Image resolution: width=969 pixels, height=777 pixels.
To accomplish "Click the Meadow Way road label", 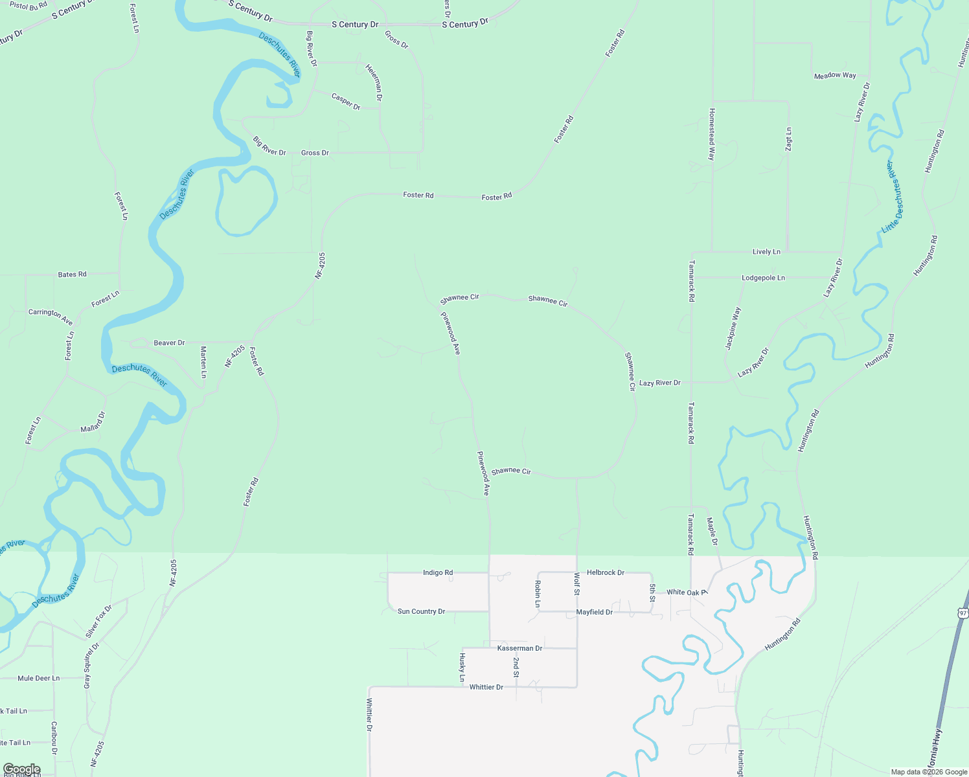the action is [x=835, y=76].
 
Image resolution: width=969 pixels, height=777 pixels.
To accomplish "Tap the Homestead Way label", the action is [x=712, y=134].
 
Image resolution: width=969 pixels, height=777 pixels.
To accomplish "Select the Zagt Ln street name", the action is [x=788, y=140].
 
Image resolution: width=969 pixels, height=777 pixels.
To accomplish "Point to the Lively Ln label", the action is [x=766, y=252].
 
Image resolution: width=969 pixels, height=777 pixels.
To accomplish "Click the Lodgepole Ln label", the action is [x=763, y=278].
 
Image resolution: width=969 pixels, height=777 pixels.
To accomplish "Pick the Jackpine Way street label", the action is [x=733, y=328].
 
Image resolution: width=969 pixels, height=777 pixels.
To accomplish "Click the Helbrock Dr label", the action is [x=605, y=572].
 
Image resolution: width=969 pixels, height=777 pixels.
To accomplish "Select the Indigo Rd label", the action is [x=438, y=572].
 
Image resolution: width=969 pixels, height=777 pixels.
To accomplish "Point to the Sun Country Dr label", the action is [x=421, y=611].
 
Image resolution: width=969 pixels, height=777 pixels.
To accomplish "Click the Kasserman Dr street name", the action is [x=519, y=648].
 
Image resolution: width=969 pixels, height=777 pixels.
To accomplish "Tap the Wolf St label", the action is [x=576, y=583].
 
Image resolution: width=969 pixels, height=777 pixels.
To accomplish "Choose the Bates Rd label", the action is [x=72, y=275].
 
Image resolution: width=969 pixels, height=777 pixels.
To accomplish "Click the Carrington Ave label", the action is [x=51, y=317].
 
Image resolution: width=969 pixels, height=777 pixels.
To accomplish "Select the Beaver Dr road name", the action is [x=169, y=343].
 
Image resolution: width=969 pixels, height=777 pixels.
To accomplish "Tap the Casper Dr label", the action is [x=346, y=102].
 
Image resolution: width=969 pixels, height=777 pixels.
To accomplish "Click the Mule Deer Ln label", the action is [x=38, y=679].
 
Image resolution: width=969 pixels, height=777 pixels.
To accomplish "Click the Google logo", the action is [x=21, y=769].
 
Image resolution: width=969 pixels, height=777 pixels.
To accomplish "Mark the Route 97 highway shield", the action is [x=963, y=613].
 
